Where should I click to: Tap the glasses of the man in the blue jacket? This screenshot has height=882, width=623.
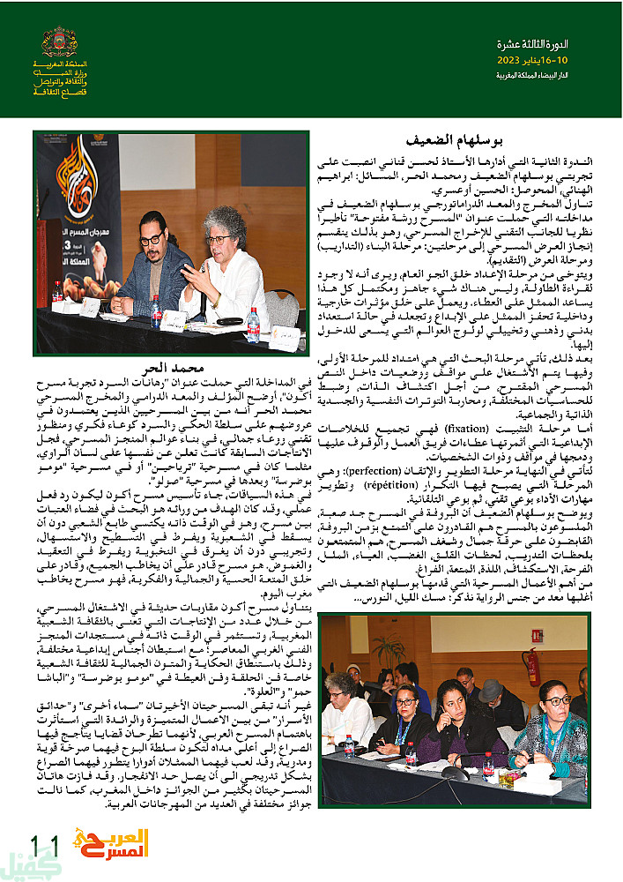click(151, 239)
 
